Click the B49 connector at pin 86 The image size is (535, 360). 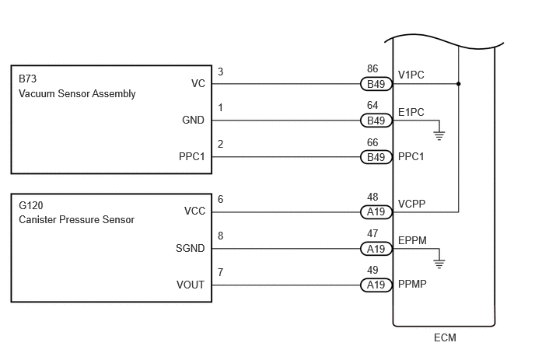click(376, 84)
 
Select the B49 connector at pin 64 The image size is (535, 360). click(376, 121)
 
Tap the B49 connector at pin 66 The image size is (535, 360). click(376, 157)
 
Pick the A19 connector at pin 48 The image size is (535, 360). click(376, 212)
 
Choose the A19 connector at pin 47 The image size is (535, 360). click(376, 249)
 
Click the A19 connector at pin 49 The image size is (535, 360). click(376, 285)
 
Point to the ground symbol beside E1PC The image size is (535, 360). click(439, 135)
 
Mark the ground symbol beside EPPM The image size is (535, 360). click(439, 264)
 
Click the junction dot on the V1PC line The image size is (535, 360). click(459, 84)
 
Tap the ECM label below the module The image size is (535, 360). click(445, 337)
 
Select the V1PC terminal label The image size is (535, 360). click(411, 75)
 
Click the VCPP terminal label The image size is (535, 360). click(412, 204)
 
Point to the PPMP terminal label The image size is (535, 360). click(412, 284)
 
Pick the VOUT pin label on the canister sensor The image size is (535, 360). click(191, 285)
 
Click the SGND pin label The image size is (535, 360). click(190, 248)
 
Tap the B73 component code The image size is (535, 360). click(28, 79)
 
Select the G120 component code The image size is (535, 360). click(31, 205)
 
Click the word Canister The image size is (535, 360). click(37, 219)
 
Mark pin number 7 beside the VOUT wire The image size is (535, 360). click(220, 272)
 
